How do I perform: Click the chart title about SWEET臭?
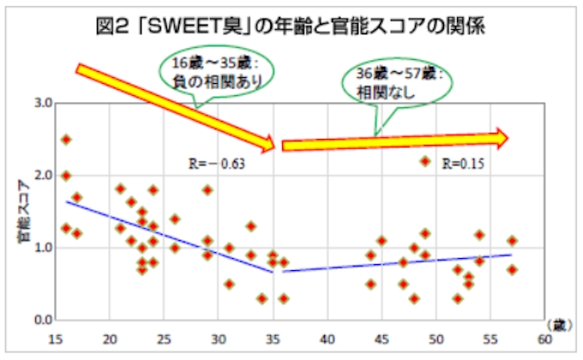tap(291, 25)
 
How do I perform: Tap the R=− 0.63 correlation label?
tap(216, 163)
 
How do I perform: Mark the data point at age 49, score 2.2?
tap(424, 161)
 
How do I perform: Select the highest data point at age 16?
tap(66, 139)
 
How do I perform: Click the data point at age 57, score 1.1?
tap(512, 241)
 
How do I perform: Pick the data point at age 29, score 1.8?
tap(207, 189)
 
